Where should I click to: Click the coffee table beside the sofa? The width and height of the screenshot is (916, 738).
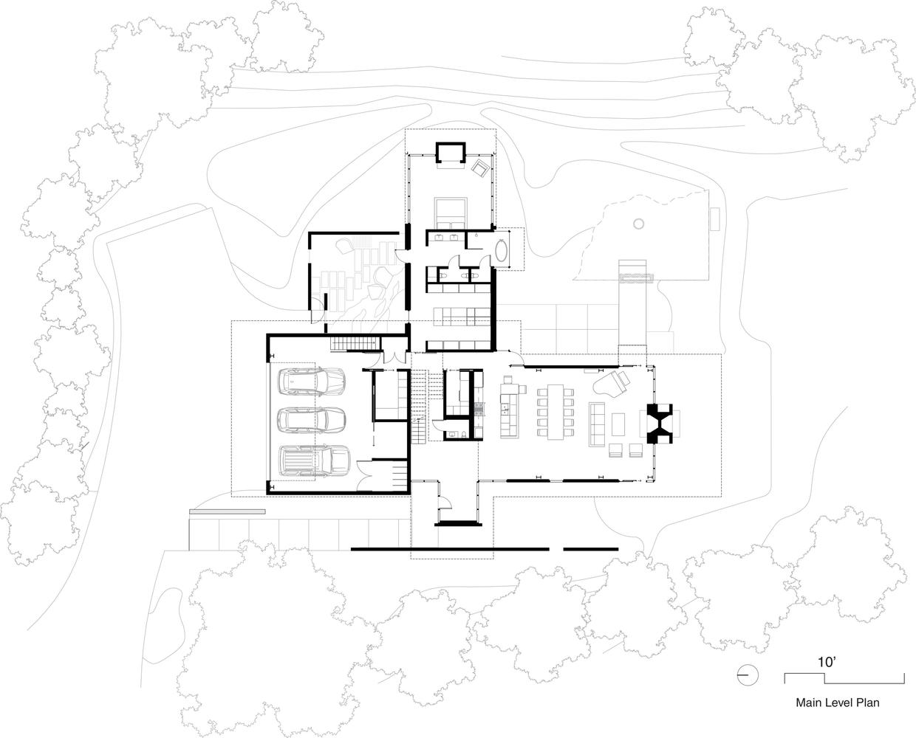click(x=618, y=424)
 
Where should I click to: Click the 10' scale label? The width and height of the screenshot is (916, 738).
click(x=828, y=662)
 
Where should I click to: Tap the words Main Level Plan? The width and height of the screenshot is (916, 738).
click(x=837, y=703)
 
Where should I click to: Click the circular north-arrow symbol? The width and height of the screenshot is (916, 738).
click(x=747, y=674)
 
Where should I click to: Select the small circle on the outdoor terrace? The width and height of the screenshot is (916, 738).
click(x=638, y=222)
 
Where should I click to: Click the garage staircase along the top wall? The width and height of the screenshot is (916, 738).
click(x=354, y=343)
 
